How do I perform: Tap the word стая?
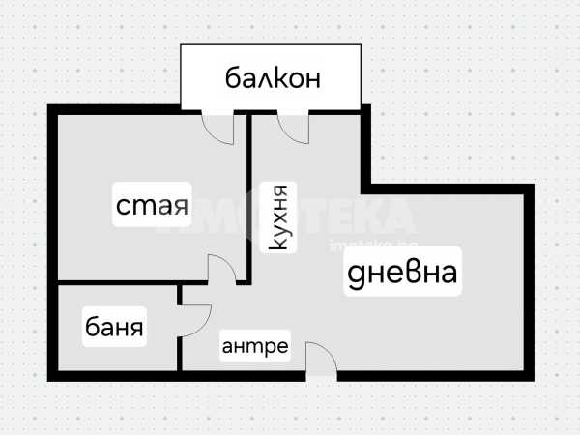click(151, 205)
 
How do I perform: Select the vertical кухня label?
click(279, 218)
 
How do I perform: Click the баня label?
click(115, 328)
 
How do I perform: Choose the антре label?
click(255, 346)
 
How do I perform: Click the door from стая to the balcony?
click(218, 126)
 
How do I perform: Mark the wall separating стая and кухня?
click(248, 184)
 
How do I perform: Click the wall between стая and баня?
click(116, 283)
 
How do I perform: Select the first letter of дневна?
click(356, 275)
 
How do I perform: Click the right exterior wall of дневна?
click(530, 280)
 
